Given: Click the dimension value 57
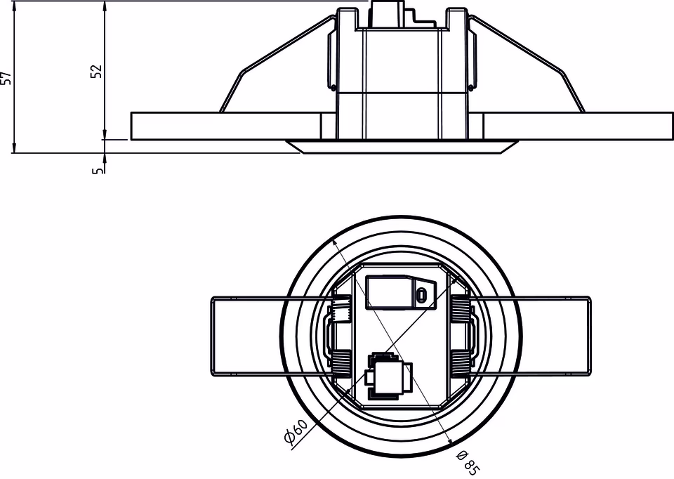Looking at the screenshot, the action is [x=6, y=78].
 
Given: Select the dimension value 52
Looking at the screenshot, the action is [x=97, y=71].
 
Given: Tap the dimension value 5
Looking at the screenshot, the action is [x=98, y=170].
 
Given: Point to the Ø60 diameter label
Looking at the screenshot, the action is [x=296, y=431].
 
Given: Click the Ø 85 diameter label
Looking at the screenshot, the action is [x=468, y=463].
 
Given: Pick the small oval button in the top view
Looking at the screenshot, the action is [x=421, y=295].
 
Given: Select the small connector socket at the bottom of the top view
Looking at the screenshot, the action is [x=388, y=376].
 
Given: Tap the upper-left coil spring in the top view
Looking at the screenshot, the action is [x=341, y=309].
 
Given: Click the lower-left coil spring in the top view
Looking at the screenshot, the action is [x=341, y=362].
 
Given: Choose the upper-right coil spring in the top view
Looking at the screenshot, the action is [x=461, y=309].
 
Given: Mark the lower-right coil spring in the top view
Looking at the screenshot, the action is [x=461, y=362].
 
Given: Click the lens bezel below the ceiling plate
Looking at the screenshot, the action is [x=402, y=147].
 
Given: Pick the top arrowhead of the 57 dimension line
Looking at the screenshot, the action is [x=14, y=4].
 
